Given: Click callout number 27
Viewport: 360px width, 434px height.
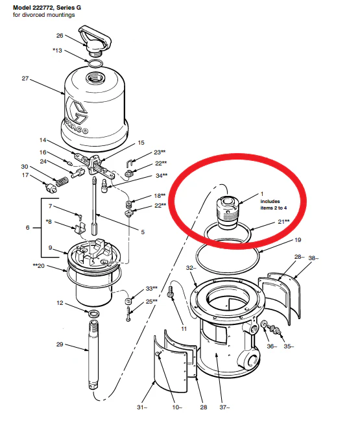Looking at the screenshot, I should (x=25, y=78).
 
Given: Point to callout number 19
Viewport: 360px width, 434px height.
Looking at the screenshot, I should (x=297, y=240).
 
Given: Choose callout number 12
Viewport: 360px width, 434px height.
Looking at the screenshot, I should (x=60, y=303).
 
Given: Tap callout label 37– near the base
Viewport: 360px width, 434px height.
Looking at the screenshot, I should (x=223, y=407).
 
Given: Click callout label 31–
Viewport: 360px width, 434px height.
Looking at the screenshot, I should (x=142, y=407).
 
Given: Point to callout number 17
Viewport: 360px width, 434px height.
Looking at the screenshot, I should (x=26, y=175).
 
